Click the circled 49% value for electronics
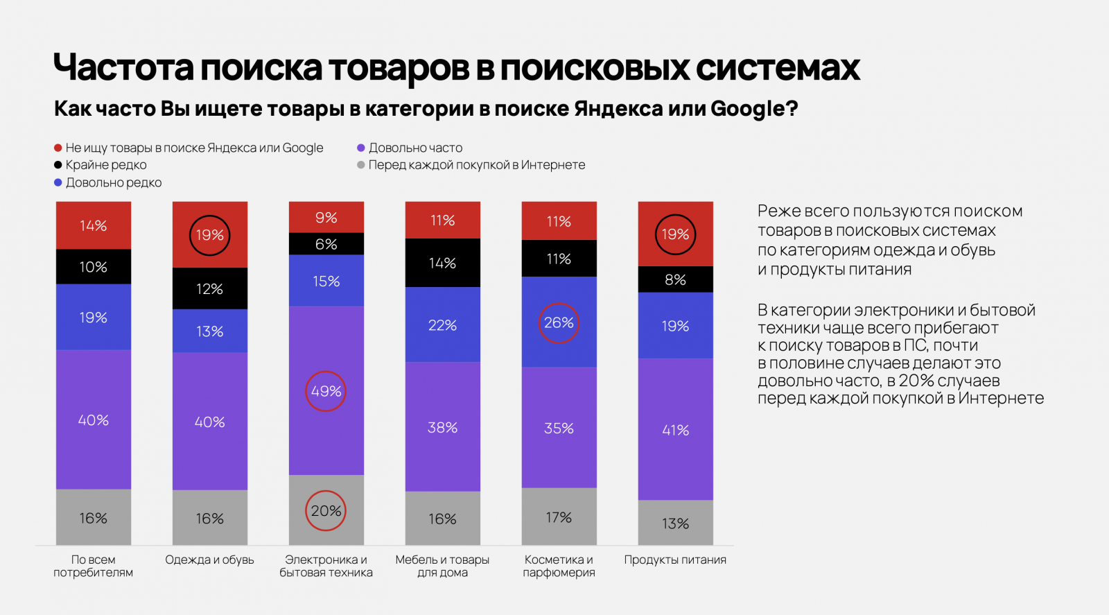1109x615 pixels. (326, 391)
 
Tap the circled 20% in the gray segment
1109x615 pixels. (326, 511)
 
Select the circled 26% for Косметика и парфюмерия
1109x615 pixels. (559, 323)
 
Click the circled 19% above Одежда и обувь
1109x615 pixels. (209, 235)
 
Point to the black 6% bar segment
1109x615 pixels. (326, 244)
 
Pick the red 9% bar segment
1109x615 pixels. (326, 218)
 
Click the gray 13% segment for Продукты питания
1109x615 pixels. (675, 523)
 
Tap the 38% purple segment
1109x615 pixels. (442, 427)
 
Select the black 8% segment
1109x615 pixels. (675, 279)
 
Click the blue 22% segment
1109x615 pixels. (442, 325)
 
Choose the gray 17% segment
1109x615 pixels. (559, 517)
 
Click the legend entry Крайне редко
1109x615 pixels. (105, 165)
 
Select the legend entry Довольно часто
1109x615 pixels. (415, 148)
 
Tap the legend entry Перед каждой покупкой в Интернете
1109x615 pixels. (476, 165)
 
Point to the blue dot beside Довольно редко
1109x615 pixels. (58, 182)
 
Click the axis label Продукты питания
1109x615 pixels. (675, 560)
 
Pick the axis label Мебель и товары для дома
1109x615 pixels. (442, 566)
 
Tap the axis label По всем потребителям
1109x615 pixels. (93, 566)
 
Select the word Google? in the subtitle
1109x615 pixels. (754, 109)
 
